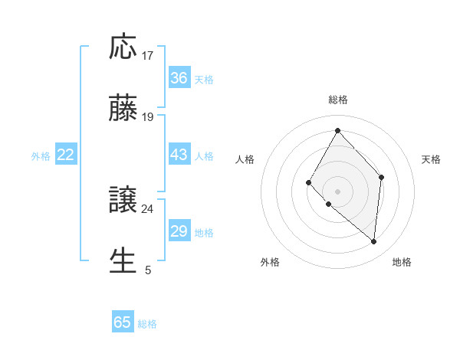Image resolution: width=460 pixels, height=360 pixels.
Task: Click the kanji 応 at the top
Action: click(123, 47)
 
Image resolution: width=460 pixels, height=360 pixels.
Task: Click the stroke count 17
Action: click(148, 56)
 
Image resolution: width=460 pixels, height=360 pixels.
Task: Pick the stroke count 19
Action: click(148, 117)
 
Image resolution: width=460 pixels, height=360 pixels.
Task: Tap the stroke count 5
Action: click(148, 270)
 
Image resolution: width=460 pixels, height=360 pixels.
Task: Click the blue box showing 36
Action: click(179, 78)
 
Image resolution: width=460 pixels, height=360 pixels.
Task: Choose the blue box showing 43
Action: click(179, 155)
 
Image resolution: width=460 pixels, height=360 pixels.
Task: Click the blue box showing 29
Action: click(179, 231)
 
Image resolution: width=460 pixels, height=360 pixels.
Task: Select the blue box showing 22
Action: click(66, 155)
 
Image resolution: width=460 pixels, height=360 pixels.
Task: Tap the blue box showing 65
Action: click(123, 322)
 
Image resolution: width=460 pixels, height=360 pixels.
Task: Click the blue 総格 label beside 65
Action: click(147, 324)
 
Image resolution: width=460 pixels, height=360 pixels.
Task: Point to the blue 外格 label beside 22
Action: click(41, 156)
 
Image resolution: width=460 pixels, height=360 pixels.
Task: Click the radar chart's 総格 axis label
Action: click(338, 100)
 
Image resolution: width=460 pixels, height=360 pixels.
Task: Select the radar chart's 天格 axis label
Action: click(432, 159)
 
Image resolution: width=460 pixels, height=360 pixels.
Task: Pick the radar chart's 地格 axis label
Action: click(402, 263)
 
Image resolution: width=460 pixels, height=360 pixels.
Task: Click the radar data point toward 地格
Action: click(374, 242)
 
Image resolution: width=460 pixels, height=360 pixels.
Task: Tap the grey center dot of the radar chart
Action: click(337, 191)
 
